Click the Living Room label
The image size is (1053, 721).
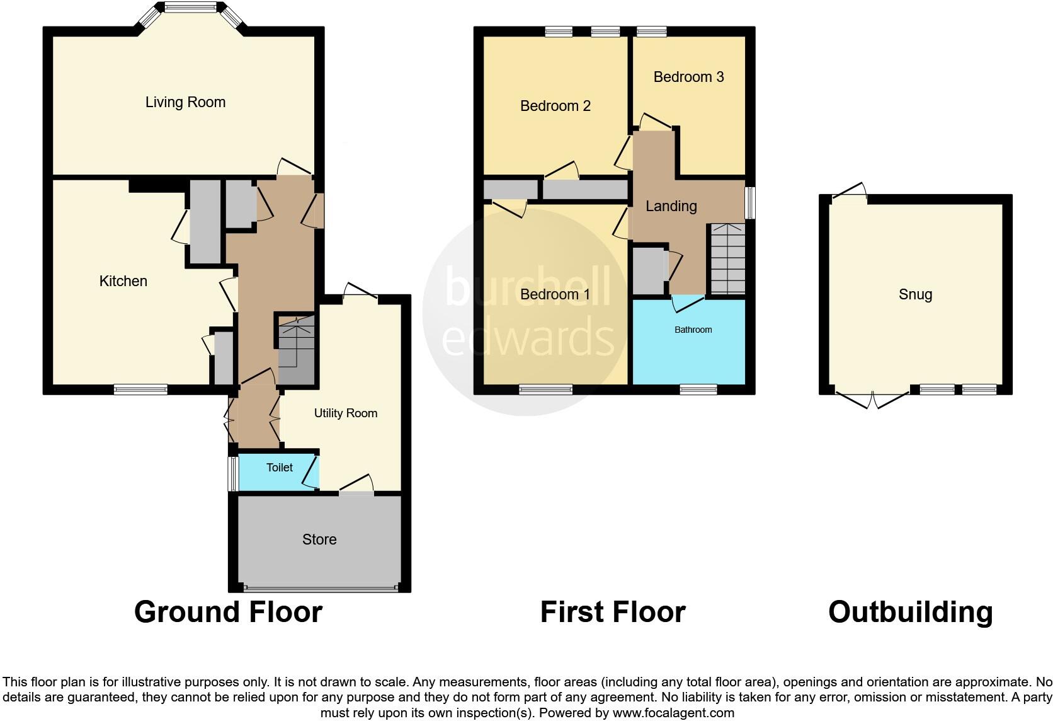click(x=185, y=102)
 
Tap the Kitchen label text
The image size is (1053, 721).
click(x=123, y=281)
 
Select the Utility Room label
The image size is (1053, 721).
click(x=346, y=413)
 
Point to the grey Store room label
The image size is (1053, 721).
click(x=319, y=539)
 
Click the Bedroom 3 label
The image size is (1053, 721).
click(x=688, y=77)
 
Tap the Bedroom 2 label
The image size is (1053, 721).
click(x=555, y=106)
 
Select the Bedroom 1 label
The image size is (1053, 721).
click(x=555, y=294)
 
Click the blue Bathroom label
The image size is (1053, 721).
click(x=693, y=330)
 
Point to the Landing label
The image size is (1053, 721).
click(x=671, y=206)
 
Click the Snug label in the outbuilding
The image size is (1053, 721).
click(x=915, y=294)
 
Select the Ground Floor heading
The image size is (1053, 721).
click(x=228, y=612)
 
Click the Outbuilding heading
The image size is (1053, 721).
click(x=910, y=612)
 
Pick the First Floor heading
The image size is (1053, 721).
click(x=612, y=612)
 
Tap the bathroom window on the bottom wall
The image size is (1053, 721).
click(x=698, y=390)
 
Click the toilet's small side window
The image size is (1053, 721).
click(x=232, y=473)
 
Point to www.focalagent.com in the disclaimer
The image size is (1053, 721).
click(x=673, y=713)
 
